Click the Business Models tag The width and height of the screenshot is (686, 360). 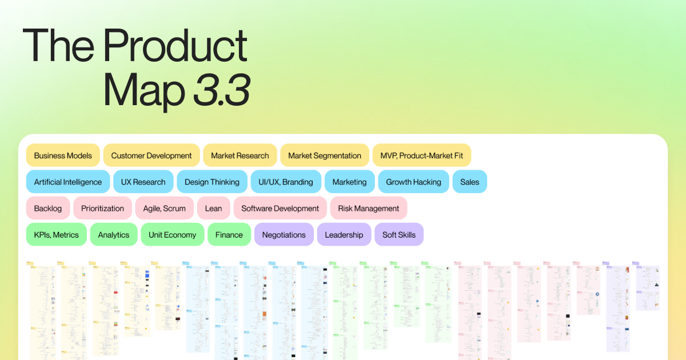(x=63, y=155)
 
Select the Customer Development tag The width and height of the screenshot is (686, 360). (x=151, y=155)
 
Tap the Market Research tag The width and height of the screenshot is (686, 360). (x=240, y=155)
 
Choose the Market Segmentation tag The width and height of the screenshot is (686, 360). (x=325, y=155)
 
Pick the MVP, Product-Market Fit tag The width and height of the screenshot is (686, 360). (x=422, y=155)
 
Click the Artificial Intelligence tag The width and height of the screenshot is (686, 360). (x=68, y=182)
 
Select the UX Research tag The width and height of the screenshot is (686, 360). (x=143, y=182)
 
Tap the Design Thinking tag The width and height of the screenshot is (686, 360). (x=212, y=182)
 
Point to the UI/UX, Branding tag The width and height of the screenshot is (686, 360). (x=286, y=182)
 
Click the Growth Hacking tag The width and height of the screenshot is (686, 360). (x=414, y=182)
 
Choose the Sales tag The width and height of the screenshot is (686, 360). (x=470, y=182)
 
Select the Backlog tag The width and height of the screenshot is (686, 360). (x=48, y=208)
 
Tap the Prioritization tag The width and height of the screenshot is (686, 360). (x=102, y=208)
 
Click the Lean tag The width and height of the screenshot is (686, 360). (x=213, y=208)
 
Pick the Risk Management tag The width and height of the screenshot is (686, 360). (x=369, y=208)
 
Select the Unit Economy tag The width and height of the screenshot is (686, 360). (x=172, y=234)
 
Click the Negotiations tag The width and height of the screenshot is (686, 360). (x=284, y=234)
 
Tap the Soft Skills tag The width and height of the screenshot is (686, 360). (x=399, y=234)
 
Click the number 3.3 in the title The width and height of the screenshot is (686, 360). (x=222, y=90)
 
